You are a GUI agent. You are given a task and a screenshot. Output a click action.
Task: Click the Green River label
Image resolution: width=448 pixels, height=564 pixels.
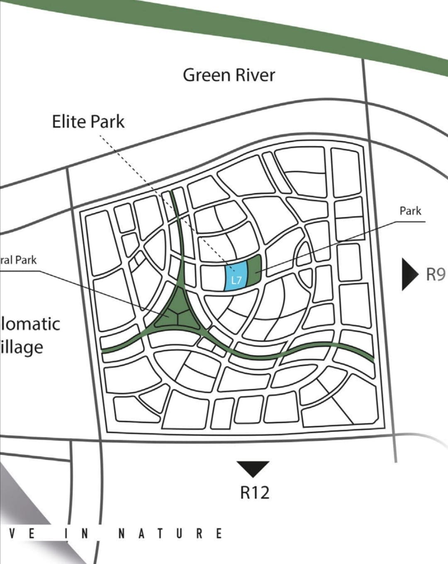[229, 76]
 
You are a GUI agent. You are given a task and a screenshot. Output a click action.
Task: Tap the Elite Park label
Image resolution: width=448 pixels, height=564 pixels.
[88, 122]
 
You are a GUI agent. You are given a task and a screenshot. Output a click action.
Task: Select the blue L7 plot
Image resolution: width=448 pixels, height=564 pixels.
[236, 276]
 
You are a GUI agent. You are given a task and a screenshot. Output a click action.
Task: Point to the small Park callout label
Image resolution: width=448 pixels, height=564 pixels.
[410, 211]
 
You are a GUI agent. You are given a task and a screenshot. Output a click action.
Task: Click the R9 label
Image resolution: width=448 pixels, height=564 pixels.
[435, 275]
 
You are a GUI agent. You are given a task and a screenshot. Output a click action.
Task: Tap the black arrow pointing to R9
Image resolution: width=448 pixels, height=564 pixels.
[409, 274]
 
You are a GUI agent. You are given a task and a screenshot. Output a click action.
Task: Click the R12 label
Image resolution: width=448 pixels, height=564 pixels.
[255, 493]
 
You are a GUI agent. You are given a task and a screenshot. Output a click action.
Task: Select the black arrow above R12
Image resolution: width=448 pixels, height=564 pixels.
[253, 468]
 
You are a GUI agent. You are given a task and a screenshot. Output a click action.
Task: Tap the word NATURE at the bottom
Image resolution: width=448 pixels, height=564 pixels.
[170, 533]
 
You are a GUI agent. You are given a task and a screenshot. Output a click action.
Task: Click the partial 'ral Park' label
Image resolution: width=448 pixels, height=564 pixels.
[19, 260]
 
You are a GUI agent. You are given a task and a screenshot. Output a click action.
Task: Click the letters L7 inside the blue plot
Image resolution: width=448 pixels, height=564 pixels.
[236, 280]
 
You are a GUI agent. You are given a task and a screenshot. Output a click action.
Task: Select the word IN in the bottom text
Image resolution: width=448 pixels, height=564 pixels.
[76, 533]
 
